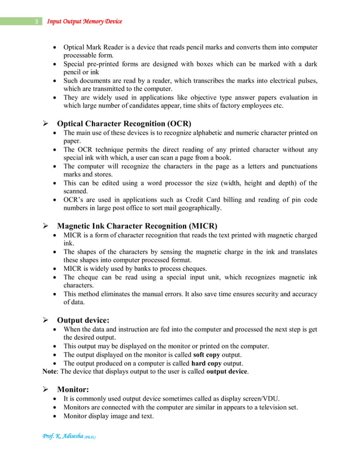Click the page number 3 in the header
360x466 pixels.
tap(36, 22)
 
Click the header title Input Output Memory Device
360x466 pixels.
tap(84, 22)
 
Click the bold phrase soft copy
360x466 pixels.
tap(209, 354)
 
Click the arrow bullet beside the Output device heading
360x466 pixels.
tap(47, 320)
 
